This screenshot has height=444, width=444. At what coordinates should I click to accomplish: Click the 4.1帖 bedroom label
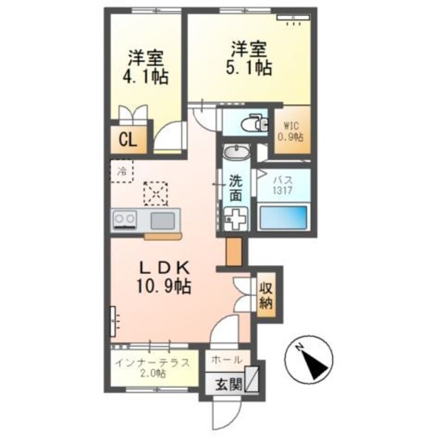click(145, 67)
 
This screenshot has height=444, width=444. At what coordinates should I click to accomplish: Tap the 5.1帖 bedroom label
click(249, 59)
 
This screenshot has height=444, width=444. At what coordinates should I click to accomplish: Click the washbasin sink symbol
click(238, 153)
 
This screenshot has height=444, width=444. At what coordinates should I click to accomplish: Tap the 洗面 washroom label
click(235, 189)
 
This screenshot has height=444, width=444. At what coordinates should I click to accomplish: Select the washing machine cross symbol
click(236, 218)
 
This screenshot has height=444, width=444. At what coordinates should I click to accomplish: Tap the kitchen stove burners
click(124, 219)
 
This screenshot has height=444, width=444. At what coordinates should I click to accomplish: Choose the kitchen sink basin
click(163, 219)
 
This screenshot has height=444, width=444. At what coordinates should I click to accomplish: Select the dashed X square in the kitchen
click(155, 194)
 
